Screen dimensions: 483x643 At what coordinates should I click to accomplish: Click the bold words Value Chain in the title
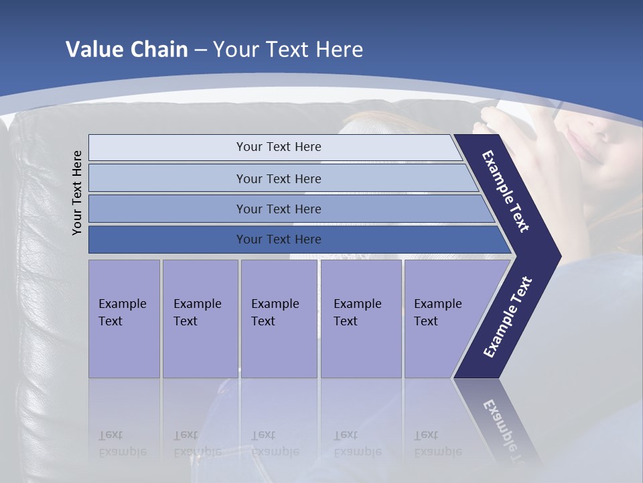click(x=127, y=50)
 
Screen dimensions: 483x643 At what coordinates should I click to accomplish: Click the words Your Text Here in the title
click(x=288, y=50)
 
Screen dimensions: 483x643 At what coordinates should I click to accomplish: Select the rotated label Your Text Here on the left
click(x=78, y=193)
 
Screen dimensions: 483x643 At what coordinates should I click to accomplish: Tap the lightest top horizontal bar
click(x=278, y=147)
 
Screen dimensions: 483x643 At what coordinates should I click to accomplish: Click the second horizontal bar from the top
click(x=278, y=178)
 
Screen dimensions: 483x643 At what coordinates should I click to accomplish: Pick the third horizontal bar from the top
click(x=278, y=209)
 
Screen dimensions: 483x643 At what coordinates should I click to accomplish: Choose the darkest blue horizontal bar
click(x=278, y=239)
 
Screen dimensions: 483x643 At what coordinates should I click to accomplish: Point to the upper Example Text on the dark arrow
click(x=506, y=191)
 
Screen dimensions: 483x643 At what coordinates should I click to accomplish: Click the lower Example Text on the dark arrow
click(x=507, y=317)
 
